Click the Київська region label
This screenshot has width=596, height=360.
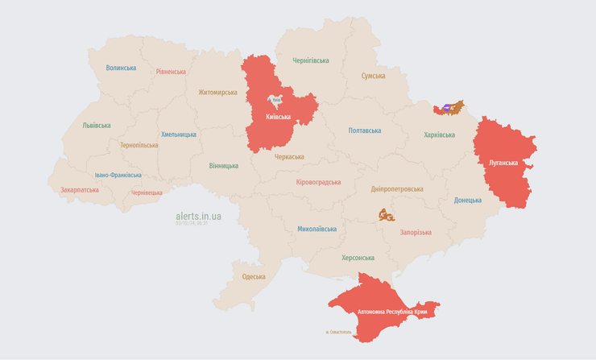(279, 117)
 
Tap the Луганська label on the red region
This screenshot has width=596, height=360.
(503, 162)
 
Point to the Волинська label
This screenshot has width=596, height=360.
(121, 68)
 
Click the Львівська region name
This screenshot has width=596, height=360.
(97, 126)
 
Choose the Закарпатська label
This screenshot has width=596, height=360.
(80, 190)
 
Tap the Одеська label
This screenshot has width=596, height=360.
(254, 276)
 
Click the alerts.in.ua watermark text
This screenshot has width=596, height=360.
(198, 216)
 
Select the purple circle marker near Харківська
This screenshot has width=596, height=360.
(447, 106)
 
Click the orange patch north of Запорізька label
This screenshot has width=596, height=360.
(387, 215)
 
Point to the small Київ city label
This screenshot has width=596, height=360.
(276, 100)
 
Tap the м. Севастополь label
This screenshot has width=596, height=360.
(338, 332)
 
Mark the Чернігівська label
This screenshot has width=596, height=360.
(311, 60)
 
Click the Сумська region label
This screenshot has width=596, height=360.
(373, 76)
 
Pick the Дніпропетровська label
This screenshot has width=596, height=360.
(397, 188)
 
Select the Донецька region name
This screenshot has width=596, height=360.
(467, 200)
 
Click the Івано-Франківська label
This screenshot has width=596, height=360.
(118, 175)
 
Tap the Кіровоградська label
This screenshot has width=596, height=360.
(318, 182)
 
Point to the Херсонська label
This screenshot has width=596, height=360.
(358, 258)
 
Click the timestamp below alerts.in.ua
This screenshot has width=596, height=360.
(192, 223)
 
